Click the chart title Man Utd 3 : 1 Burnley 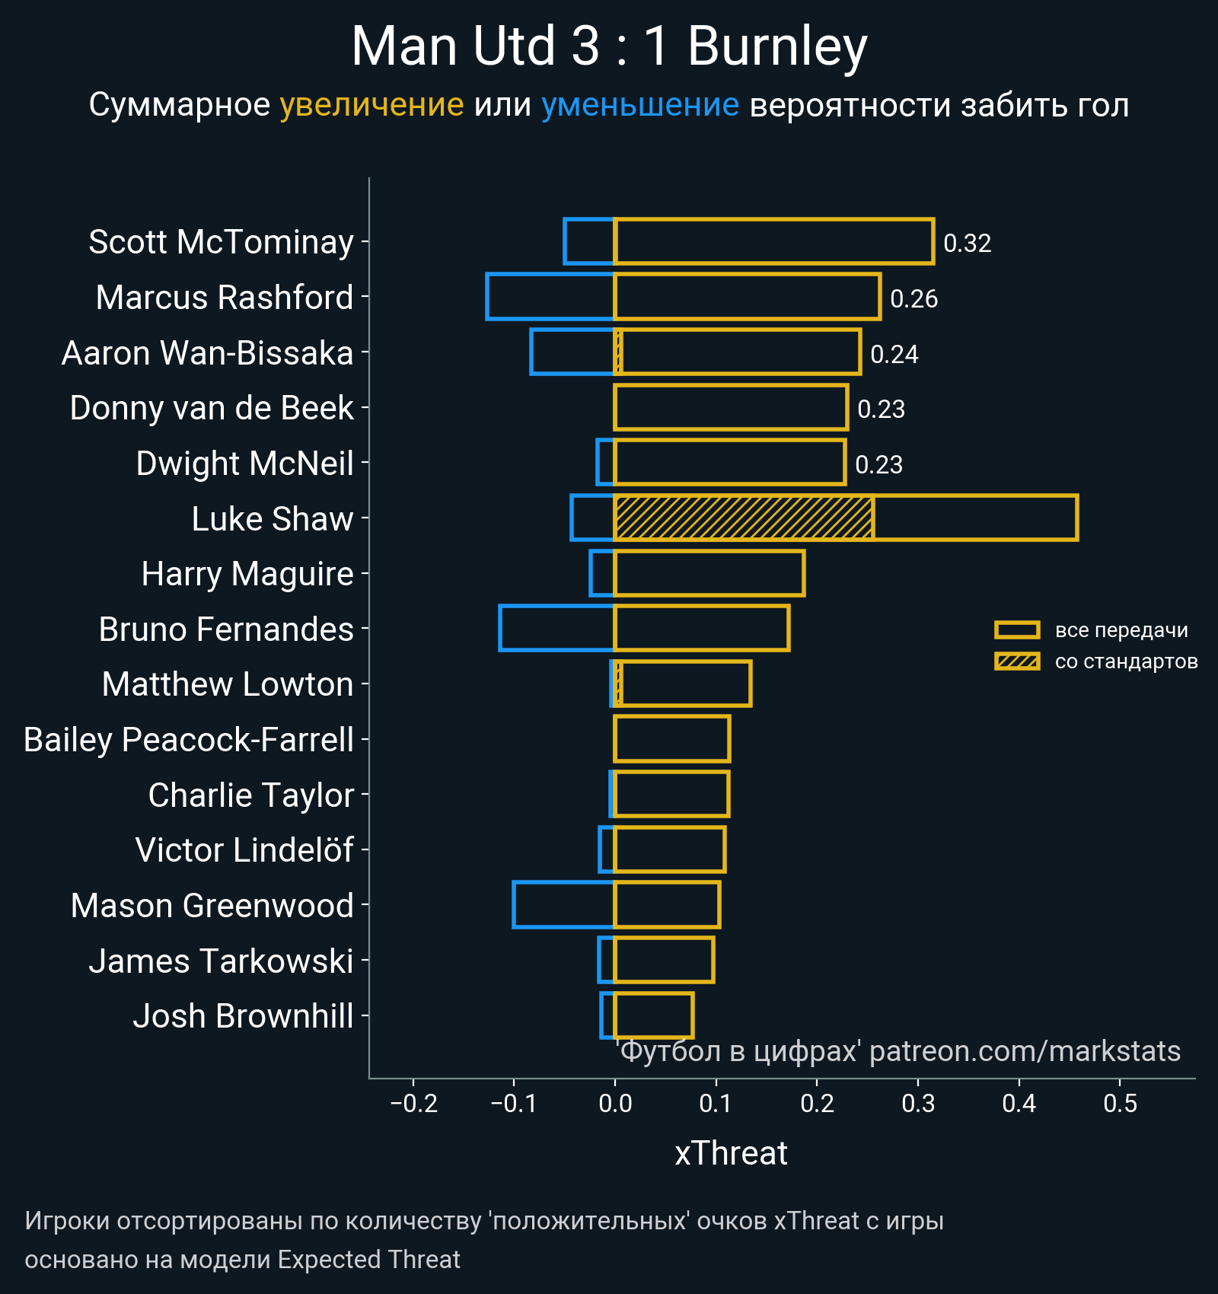coord(609,47)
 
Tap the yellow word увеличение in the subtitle coord(371,105)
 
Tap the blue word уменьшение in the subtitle coord(639,105)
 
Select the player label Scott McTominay coord(221,242)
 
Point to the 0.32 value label coord(967,244)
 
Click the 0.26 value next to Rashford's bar coord(913,298)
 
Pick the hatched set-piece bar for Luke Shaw coord(743,518)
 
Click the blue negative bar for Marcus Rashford coord(550,297)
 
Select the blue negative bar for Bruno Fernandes coord(556,629)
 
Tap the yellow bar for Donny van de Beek coord(731,408)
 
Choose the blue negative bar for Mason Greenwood coord(563,905)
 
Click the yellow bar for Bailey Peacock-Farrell coord(671,739)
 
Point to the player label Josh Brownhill coord(243,1016)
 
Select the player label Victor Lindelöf coord(244,850)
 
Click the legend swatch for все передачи coord(1016,630)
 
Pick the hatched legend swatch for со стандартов coord(1016,661)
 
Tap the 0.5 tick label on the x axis coord(1120,1104)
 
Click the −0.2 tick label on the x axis coord(413,1104)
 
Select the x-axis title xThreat coord(731,1153)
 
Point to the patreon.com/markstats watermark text coord(1024,1051)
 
